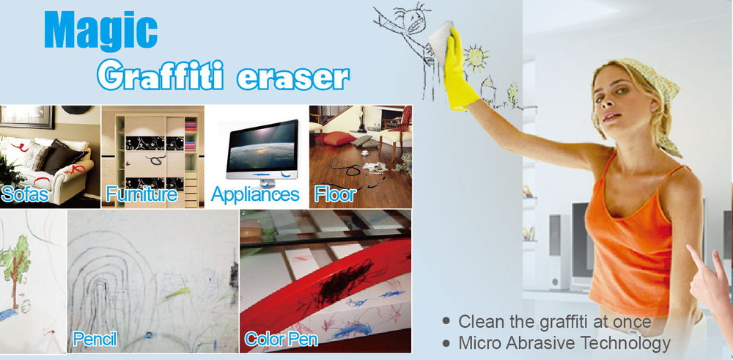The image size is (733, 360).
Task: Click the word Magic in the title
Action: pyautogui.click(x=100, y=30)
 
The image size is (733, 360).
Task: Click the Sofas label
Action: pyautogui.click(x=25, y=194)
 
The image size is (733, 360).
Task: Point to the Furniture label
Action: pyautogui.click(x=141, y=194)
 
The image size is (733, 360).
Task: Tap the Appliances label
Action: pyautogui.click(x=255, y=194)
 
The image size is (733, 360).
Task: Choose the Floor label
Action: pyautogui.click(x=335, y=194)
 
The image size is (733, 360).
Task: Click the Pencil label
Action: pyautogui.click(x=95, y=339)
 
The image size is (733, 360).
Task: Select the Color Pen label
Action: pyautogui.click(x=281, y=339)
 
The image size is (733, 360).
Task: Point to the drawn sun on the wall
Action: pyautogui.click(x=476, y=57)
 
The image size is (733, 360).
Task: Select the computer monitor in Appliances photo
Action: pyautogui.click(x=262, y=150)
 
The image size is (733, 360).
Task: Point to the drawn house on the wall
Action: pyautogui.click(x=488, y=89)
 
